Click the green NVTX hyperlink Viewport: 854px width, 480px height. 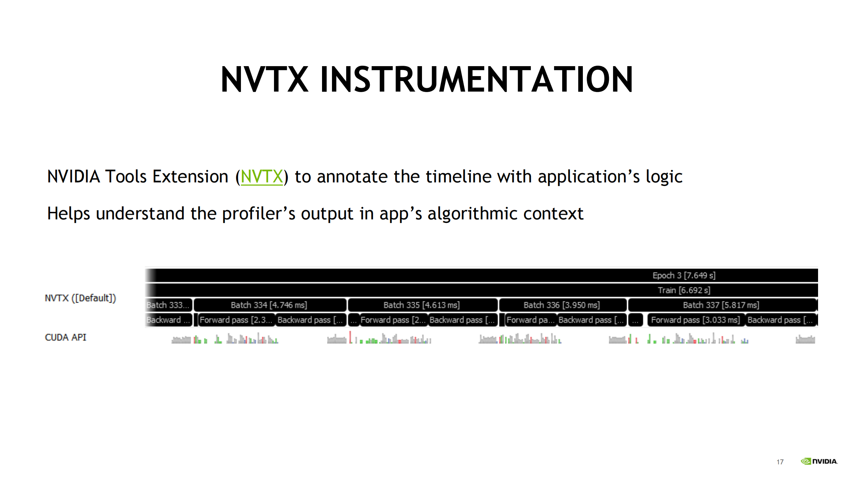(262, 177)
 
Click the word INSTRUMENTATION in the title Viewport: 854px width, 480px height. (476, 80)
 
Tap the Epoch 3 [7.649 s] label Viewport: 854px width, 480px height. (684, 276)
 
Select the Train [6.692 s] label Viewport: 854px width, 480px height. (684, 290)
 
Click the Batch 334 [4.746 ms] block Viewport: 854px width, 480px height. (270, 305)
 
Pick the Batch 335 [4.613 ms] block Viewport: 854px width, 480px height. (422, 305)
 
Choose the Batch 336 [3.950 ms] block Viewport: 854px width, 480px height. (563, 305)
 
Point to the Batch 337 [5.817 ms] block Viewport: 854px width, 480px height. (722, 305)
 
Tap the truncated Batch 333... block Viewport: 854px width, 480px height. (169, 305)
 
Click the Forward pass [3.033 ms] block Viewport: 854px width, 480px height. (696, 320)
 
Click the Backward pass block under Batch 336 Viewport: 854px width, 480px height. (591, 320)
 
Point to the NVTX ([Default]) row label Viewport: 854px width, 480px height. (80, 298)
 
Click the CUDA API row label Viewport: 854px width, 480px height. (65, 337)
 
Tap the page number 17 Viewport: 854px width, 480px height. (780, 462)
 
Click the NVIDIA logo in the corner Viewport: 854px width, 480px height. (819, 461)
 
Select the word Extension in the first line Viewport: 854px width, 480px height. (190, 177)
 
